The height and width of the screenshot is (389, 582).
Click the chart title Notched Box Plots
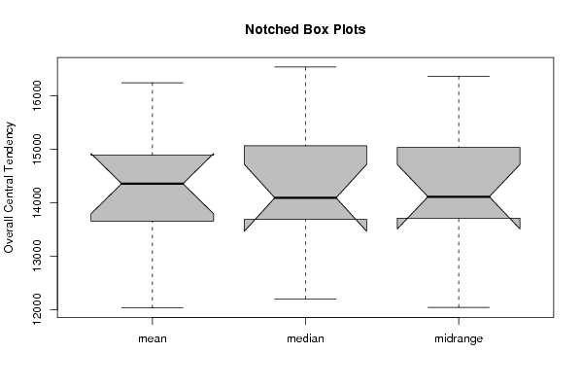[x=305, y=29]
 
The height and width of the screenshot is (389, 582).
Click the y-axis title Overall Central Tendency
[x=9, y=188]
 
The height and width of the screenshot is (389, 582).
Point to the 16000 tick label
[x=37, y=95]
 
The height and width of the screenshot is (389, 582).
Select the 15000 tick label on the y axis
[x=37, y=150]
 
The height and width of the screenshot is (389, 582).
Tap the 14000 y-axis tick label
[x=37, y=202]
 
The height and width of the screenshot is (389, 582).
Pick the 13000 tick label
[x=37, y=256]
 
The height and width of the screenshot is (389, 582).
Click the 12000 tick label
[x=37, y=309]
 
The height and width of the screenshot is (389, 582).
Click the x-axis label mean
[x=153, y=338]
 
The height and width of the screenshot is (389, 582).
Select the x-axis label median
[x=305, y=338]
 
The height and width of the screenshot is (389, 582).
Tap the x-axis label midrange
[x=459, y=338]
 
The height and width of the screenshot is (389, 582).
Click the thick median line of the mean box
[x=153, y=184]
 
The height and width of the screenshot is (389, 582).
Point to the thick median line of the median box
[x=305, y=197]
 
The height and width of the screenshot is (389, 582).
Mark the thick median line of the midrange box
[x=459, y=196]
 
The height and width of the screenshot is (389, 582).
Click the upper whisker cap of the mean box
[x=153, y=83]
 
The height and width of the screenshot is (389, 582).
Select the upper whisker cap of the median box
[x=305, y=67]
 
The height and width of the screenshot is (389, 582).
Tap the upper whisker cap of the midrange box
[x=459, y=76]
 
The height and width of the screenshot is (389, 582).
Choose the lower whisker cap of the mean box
[x=153, y=307]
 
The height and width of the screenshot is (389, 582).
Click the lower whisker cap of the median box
[x=305, y=299]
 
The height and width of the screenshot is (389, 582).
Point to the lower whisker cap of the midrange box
[x=459, y=307]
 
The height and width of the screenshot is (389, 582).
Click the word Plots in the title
[x=349, y=29]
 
